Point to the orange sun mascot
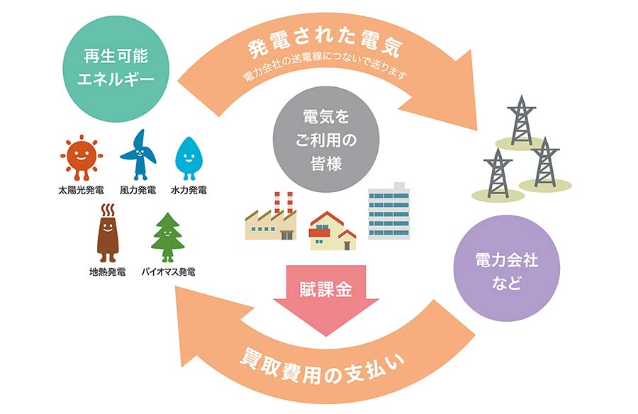pyautogui.click(x=81, y=155)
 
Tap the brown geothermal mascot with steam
pyautogui.click(x=107, y=234)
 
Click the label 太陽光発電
pyautogui.click(x=81, y=191)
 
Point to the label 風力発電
pyautogui.click(x=138, y=191)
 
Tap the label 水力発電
pyautogui.click(x=189, y=191)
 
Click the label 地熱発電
pyautogui.click(x=107, y=272)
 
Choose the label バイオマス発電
pyautogui.click(x=169, y=272)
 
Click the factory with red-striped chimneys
pyautogui.click(x=270, y=218)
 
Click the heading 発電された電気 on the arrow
pyautogui.click(x=325, y=46)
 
